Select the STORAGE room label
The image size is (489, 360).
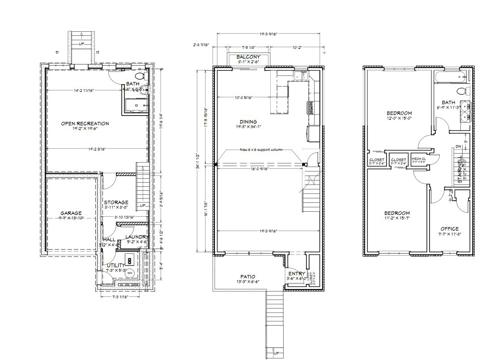(116, 202)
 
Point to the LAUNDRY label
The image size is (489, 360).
(136, 236)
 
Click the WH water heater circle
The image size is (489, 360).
(130, 273)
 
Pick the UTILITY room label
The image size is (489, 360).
(116, 266)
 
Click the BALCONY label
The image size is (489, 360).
(248, 57)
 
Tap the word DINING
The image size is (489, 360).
(248, 121)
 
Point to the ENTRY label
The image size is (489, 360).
(297, 274)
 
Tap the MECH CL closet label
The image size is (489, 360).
(418, 159)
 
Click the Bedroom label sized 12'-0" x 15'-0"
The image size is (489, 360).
(399, 113)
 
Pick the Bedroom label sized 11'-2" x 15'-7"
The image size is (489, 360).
(397, 213)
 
